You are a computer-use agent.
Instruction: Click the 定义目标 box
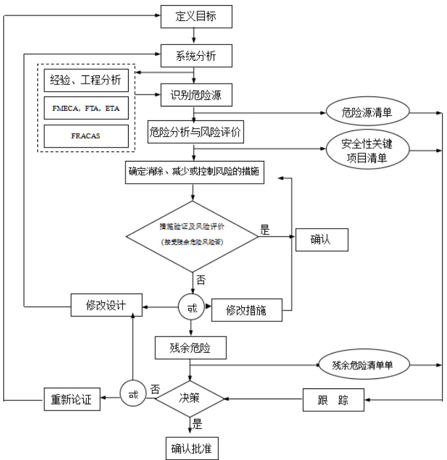195,16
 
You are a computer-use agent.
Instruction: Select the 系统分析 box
195,55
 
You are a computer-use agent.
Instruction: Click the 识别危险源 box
195,94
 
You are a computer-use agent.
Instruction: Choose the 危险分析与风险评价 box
196,132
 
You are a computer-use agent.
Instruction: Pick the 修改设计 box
106,305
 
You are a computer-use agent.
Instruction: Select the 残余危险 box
191,348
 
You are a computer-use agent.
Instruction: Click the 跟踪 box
332,400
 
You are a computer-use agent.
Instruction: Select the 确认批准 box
191,447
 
